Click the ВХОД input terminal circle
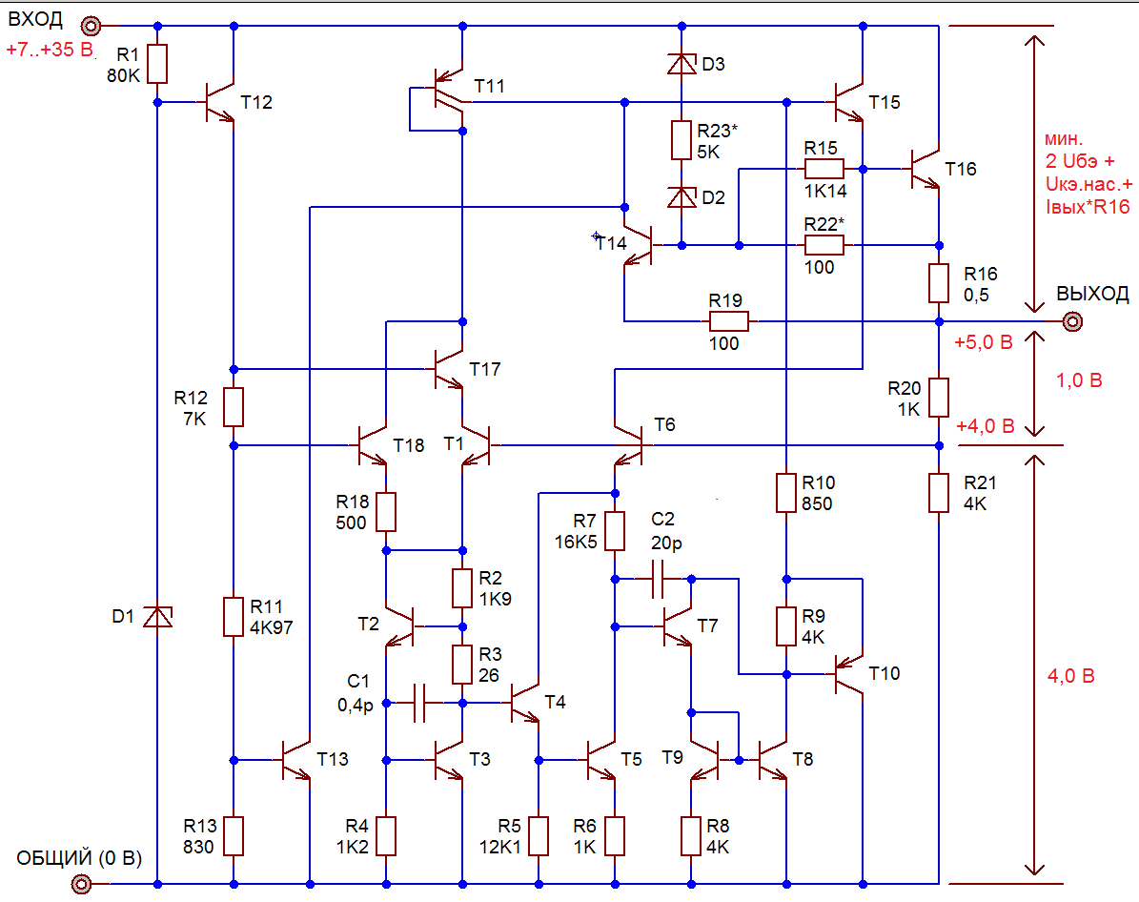91,26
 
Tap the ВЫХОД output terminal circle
1072,321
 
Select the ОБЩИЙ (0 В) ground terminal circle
82,884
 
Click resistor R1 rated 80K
158,64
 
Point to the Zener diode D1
157,617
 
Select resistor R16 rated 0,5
939,283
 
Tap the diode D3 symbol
681,64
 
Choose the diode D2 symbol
681,197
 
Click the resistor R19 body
728,321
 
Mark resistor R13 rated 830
234,836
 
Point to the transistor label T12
256,102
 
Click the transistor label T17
485,369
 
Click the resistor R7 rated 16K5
615,531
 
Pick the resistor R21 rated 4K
939,493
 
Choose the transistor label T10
884,674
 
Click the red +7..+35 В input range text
50,50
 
